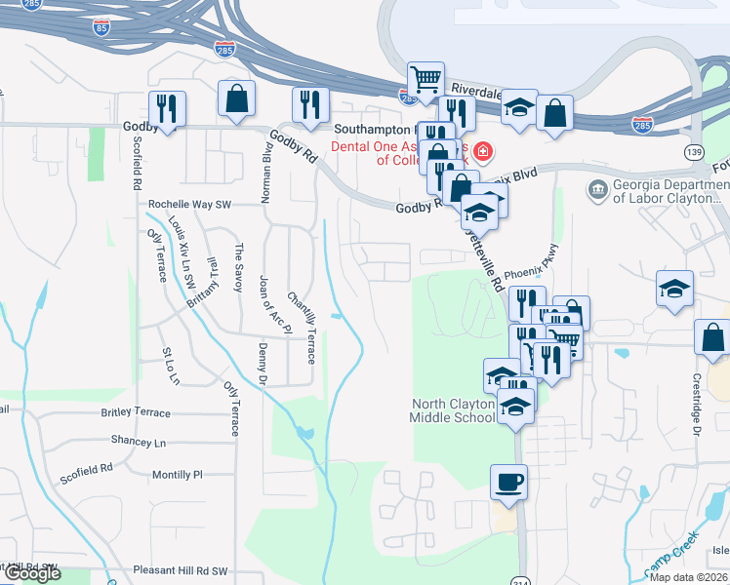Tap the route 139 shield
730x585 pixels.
[x=694, y=152]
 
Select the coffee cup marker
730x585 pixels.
[x=509, y=482]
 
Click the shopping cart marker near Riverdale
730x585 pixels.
[x=426, y=78]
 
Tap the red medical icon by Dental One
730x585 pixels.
[x=484, y=152]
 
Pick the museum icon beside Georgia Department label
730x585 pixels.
[x=597, y=188]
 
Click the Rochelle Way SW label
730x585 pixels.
[x=189, y=205]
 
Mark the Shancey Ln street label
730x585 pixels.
[x=138, y=442]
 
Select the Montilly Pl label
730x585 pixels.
[x=177, y=475]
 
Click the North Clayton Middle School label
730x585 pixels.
[x=453, y=410]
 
